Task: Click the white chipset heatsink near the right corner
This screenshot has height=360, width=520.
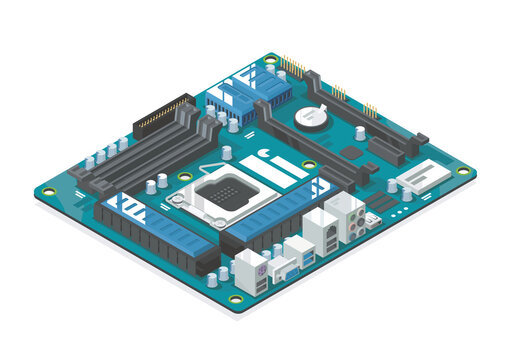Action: click(421, 180)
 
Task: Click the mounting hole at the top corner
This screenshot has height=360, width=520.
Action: click(270, 60)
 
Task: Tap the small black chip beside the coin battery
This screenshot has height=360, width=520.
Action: click(349, 152)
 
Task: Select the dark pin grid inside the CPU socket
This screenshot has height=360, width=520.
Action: click(220, 190)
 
